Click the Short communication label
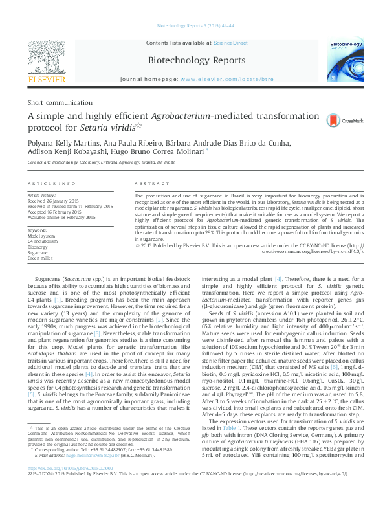[56, 103]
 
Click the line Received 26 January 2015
[56, 200]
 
